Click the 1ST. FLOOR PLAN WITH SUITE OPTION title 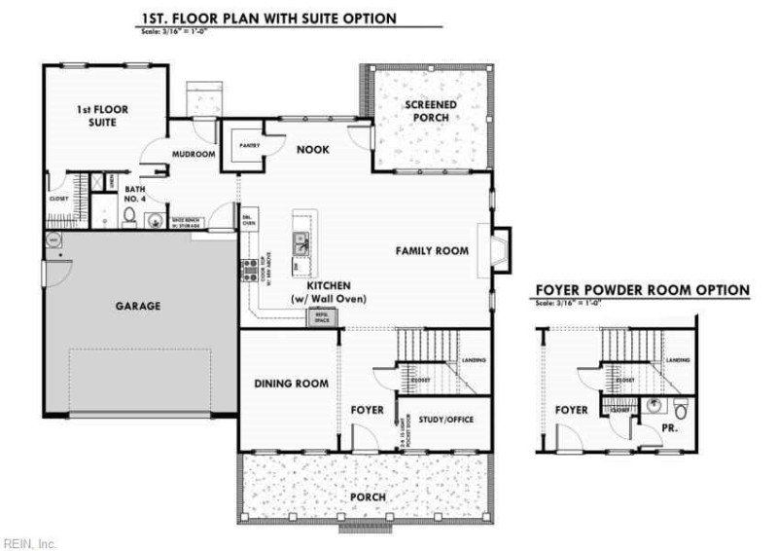click(x=268, y=18)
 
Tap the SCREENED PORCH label click(x=427, y=111)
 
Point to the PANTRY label click(x=237, y=145)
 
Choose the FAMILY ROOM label click(x=432, y=251)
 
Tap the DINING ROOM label click(x=284, y=384)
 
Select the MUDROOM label click(x=193, y=154)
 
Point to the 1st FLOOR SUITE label click(x=103, y=117)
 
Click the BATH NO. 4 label click(x=135, y=195)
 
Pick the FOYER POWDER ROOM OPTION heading click(x=642, y=290)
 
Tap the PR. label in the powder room click(x=671, y=426)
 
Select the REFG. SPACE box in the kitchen click(x=319, y=317)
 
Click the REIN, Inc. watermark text click(x=29, y=542)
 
